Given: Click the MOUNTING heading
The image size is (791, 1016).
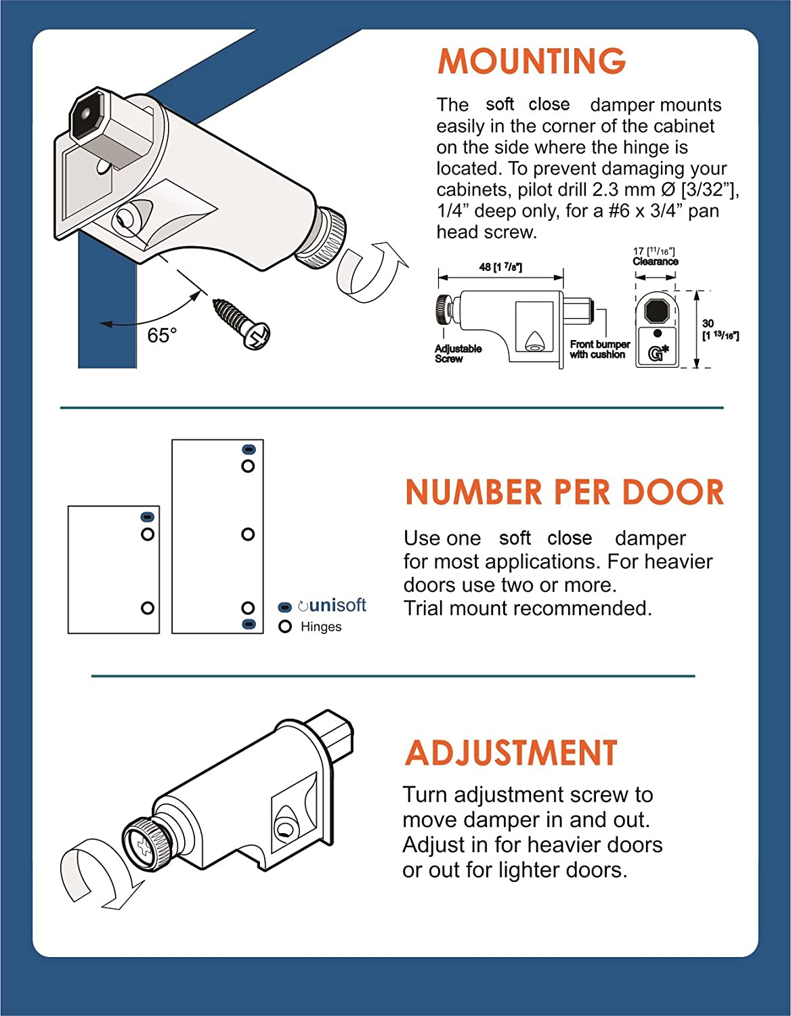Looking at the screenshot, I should [x=532, y=62].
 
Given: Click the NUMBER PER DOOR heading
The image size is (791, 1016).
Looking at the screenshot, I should [x=564, y=492].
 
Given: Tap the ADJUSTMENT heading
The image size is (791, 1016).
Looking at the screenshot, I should [x=511, y=753].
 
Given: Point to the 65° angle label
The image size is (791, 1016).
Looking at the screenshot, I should [x=162, y=335].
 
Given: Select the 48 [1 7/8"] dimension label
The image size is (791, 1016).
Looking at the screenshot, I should [x=500, y=267].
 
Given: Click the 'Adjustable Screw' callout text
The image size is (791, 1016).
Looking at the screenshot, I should [x=458, y=354].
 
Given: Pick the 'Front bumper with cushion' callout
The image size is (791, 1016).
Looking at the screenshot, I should [x=599, y=350].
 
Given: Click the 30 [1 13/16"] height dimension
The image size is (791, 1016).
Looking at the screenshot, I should [x=719, y=330].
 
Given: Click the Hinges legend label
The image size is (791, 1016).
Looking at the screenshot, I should [x=320, y=627].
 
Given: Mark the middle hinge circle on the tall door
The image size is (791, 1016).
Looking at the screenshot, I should [x=248, y=534].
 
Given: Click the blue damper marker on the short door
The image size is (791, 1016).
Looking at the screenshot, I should [x=147, y=517].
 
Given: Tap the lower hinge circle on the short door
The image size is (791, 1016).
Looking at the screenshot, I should [x=147, y=608].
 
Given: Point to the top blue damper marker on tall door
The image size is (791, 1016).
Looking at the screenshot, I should [x=249, y=450].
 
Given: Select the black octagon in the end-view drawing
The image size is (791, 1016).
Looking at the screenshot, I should [x=656, y=311].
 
